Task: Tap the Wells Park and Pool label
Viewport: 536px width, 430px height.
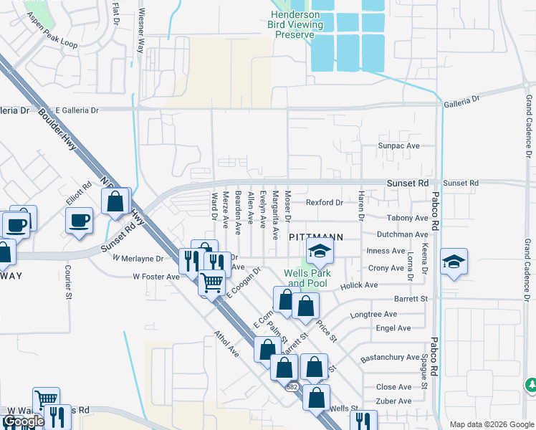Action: click(x=305, y=278)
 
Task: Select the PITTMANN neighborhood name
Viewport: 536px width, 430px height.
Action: click(x=316, y=236)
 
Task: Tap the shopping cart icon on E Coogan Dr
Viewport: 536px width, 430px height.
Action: click(x=211, y=282)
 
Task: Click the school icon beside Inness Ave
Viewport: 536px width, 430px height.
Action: click(x=320, y=252)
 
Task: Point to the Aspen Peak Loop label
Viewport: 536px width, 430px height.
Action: click(x=53, y=43)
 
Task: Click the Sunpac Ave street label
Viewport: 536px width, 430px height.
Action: click(x=398, y=145)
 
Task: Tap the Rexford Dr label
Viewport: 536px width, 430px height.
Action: click(x=325, y=202)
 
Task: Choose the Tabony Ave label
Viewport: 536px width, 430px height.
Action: click(x=406, y=218)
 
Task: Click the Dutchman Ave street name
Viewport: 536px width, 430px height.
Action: click(x=402, y=234)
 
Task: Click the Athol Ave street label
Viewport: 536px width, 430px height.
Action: click(x=226, y=343)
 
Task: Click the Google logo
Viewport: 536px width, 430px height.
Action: click(x=23, y=421)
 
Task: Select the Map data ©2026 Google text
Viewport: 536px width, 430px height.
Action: click(x=491, y=424)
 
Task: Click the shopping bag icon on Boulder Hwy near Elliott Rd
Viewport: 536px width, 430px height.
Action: click(x=115, y=203)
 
